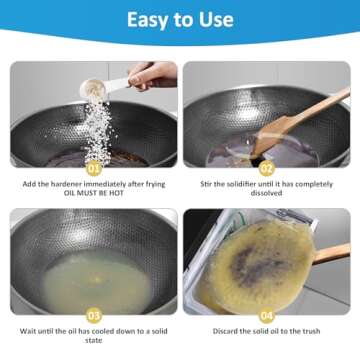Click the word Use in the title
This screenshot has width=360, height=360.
[214, 19]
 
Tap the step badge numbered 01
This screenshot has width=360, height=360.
[95, 168]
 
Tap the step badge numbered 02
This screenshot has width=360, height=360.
[266, 168]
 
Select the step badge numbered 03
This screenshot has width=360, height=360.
[95, 314]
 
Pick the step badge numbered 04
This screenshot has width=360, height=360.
[266, 314]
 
